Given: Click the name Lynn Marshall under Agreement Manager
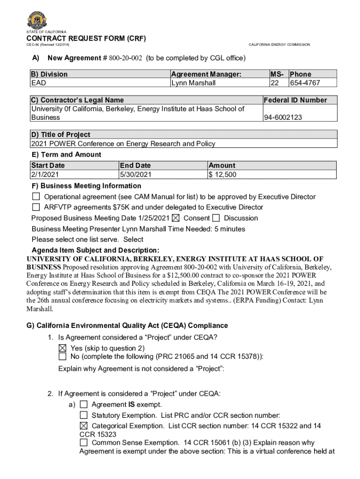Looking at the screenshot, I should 193,83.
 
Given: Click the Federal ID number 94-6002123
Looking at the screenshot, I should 283,117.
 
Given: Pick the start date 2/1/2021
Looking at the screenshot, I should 45,175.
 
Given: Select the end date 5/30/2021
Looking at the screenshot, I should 136,175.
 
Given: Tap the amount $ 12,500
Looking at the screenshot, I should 223,175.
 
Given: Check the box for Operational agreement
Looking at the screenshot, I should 36,197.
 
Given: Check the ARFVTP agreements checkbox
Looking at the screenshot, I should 36,207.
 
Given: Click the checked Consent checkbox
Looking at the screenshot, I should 176,218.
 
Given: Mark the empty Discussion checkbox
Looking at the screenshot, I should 216,218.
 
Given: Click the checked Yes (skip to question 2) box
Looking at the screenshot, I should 63,348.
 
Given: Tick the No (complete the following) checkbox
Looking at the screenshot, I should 63,356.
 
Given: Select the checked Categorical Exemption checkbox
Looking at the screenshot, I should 84,426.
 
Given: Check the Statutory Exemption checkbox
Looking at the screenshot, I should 84,415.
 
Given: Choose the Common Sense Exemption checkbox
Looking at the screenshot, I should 84,443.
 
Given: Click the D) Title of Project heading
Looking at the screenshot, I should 60,135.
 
